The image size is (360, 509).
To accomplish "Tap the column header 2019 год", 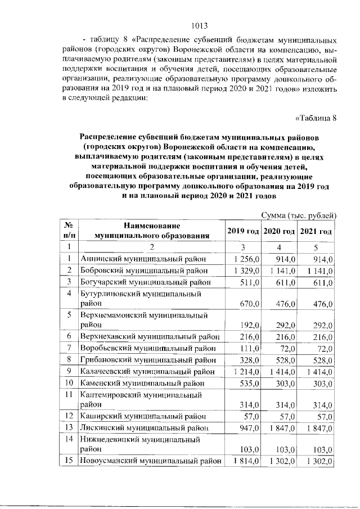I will coord(242,232).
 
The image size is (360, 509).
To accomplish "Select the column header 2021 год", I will coord(316,232).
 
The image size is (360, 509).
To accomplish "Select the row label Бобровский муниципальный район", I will coord(143,271).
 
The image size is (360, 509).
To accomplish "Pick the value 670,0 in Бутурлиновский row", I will coord(249,304).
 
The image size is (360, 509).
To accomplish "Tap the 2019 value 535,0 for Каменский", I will coord(249,383).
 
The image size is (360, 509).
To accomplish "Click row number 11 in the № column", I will coord(69,394).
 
